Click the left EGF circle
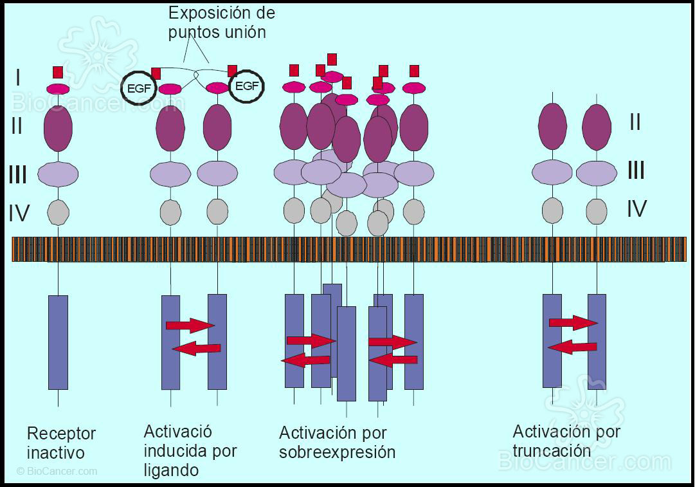139,89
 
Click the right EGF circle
247,86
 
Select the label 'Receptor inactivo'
61,443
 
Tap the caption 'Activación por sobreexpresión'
337,442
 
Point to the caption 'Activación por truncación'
566,440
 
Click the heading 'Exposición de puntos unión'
222,23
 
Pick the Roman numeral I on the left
18,78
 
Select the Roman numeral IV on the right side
636,209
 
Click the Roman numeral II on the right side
635,122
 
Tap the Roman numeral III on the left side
18,174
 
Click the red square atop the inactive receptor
58,71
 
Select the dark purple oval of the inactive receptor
58,128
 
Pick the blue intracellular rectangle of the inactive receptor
58,342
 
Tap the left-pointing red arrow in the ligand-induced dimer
197,349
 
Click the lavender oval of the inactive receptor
58,174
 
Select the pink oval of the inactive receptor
58,89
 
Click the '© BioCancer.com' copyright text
57,471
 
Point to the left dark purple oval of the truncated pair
552,126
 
